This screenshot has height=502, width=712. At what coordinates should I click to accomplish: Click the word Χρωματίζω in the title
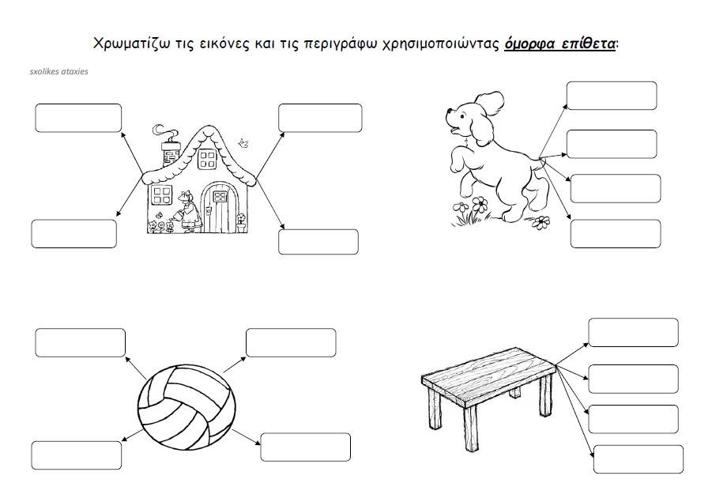127,43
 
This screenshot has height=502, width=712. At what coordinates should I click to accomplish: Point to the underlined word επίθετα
589,43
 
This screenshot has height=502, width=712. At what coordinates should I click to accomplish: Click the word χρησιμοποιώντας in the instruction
441,43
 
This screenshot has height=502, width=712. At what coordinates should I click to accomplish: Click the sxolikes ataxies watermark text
58,71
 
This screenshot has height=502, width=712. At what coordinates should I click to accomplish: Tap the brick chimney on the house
171,154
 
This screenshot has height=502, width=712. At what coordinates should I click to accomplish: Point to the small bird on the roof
244,143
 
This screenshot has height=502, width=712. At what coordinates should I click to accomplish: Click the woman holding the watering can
187,212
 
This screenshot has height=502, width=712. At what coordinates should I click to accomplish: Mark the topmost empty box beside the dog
612,96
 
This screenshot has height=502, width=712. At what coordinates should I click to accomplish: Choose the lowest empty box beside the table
638,459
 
